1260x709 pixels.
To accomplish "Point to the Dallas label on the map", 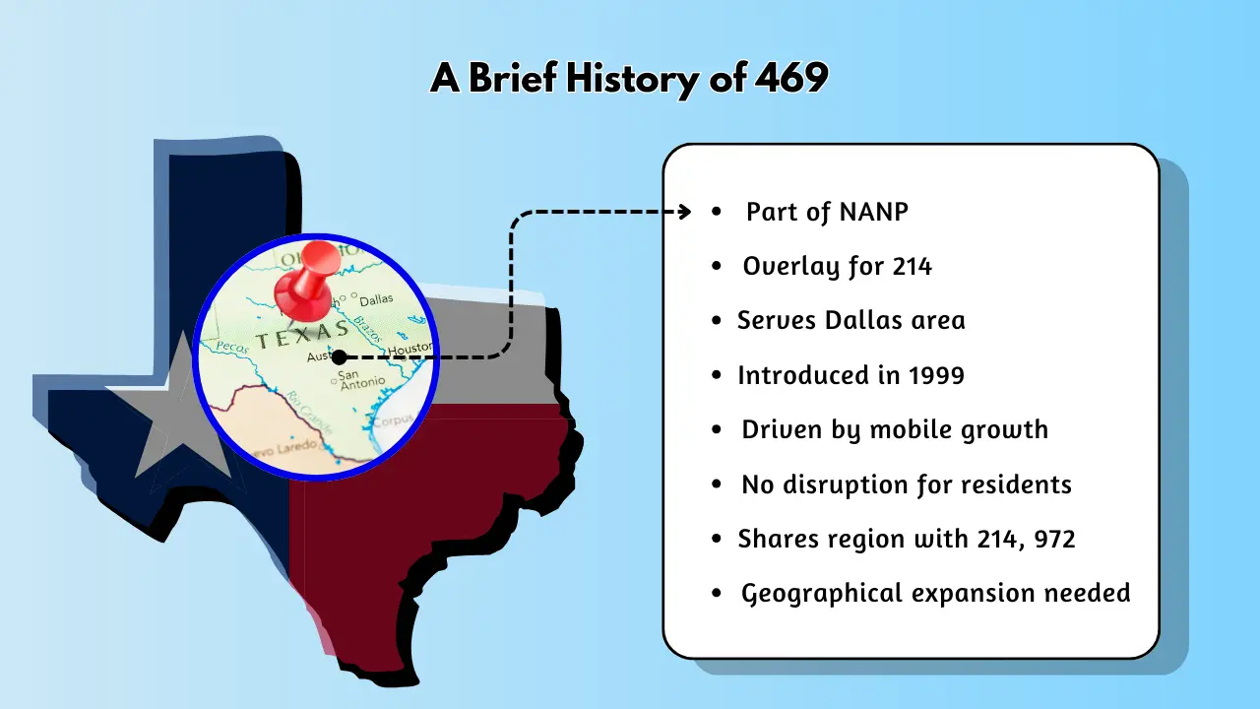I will pyautogui.click(x=376, y=300).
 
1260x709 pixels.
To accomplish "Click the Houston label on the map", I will pyautogui.click(x=409, y=349).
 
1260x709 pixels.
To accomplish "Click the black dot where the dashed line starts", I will pyautogui.click(x=340, y=356).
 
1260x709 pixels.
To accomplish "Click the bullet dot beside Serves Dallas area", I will pyautogui.click(x=717, y=322).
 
